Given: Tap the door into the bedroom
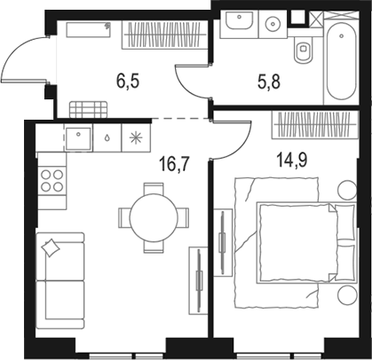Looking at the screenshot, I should (x=229, y=133).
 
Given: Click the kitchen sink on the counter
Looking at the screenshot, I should (x=81, y=137).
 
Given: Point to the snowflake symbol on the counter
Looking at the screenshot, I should (x=135, y=137).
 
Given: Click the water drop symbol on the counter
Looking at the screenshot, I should (x=108, y=137).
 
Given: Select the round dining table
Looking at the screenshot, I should (x=154, y=215).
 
